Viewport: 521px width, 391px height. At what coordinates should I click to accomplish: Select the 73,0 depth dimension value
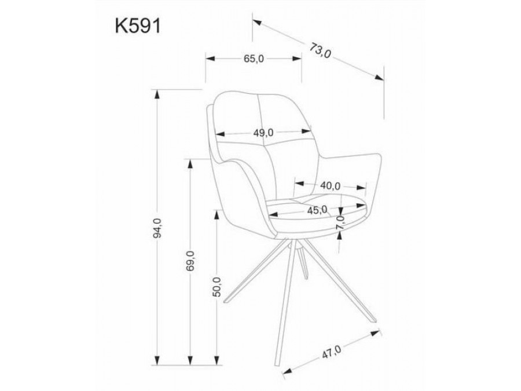point(320,51)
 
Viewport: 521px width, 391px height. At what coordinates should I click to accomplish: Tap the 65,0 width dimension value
point(254,59)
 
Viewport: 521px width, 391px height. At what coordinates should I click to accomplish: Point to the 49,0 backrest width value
point(263,132)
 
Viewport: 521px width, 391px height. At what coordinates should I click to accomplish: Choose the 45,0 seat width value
point(317,210)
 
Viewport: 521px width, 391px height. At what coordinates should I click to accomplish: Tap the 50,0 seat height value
point(217,284)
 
